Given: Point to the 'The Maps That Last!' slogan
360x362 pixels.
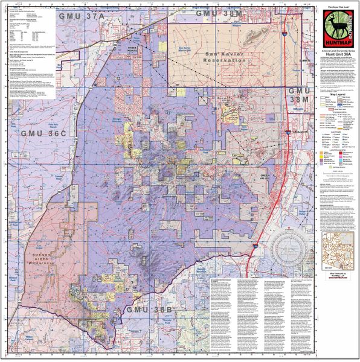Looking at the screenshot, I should pos(333,7).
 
